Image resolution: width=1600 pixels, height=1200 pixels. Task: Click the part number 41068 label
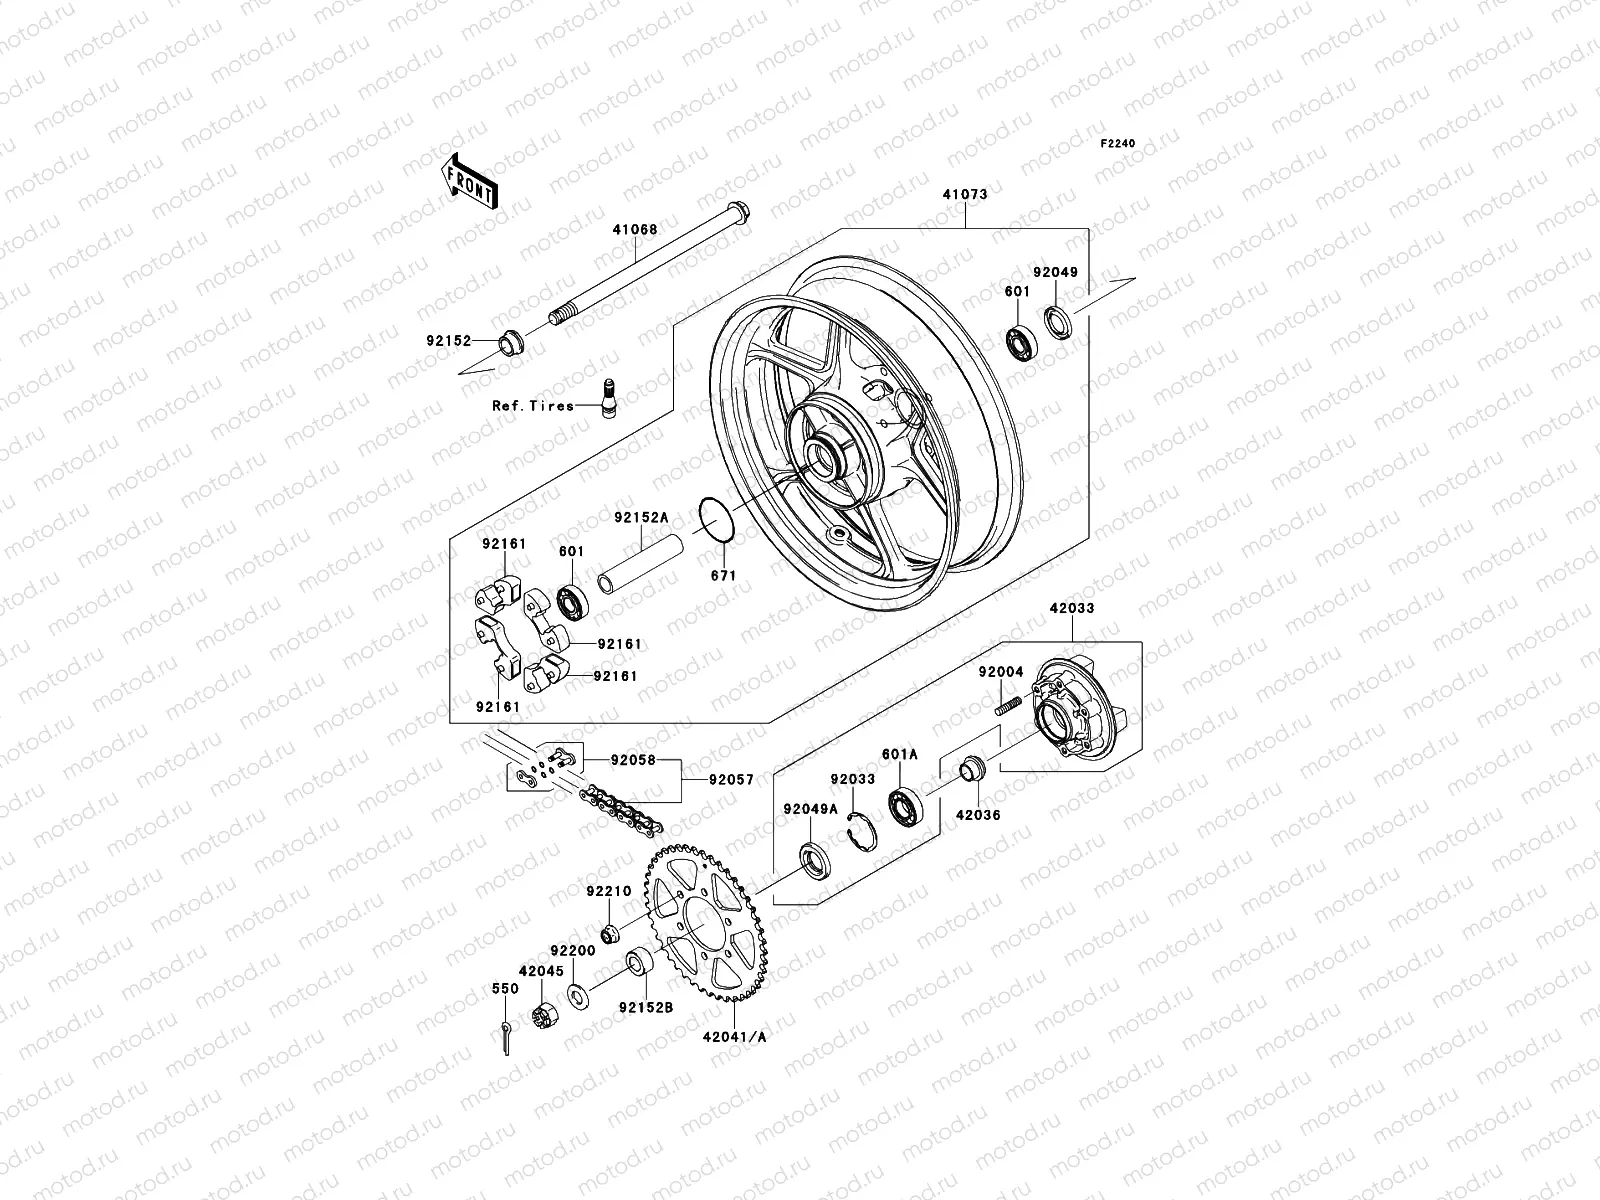point(636,229)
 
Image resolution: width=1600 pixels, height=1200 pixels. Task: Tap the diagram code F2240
point(1118,144)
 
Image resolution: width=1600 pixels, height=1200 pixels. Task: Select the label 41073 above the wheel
point(963,195)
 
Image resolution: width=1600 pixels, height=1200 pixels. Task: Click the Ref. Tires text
point(532,406)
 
